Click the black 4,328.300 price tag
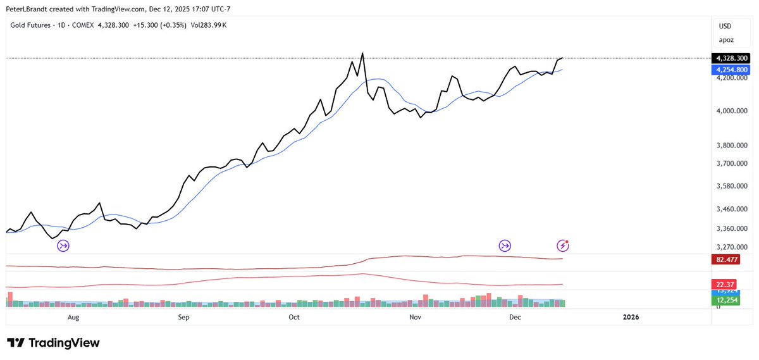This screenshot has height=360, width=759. pos(732,58)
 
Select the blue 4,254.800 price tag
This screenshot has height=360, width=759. pos(732,69)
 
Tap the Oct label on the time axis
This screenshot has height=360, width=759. pos(293,316)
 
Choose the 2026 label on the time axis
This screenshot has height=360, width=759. pos(631,316)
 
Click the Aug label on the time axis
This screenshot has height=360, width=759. pos(73,316)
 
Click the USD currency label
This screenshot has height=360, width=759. pos(725,26)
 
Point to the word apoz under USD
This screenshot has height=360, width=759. pos(726,39)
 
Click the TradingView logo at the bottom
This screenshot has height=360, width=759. pos(54,343)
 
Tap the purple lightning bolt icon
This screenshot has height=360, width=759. pos(562,245)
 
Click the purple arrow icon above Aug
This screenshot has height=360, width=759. pos(63,245)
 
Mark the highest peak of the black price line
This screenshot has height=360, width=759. pos(362,53)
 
